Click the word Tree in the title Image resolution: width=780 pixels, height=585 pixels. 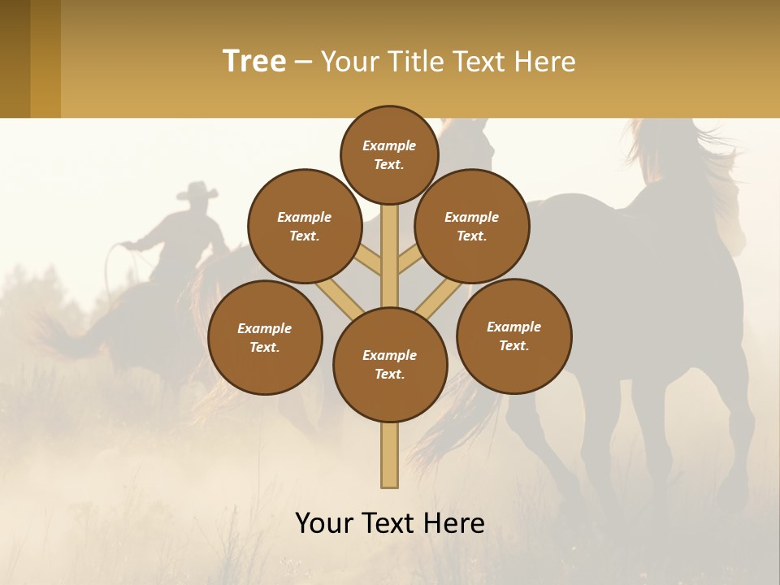click(x=254, y=62)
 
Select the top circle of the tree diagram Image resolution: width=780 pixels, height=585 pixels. click(x=389, y=154)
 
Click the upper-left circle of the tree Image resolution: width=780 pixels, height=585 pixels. click(x=304, y=226)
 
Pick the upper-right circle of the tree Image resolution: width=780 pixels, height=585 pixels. click(x=471, y=226)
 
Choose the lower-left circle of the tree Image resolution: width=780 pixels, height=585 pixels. click(x=264, y=337)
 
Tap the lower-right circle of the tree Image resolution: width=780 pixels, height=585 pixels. click(x=513, y=336)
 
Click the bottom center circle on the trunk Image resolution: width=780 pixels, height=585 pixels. click(x=389, y=364)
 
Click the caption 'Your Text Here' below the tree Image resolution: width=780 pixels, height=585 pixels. click(x=389, y=523)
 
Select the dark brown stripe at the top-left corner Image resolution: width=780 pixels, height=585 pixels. click(x=15, y=58)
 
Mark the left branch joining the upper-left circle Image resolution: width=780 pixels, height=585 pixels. click(x=367, y=260)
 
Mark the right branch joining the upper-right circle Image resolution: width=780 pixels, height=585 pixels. click(x=411, y=260)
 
